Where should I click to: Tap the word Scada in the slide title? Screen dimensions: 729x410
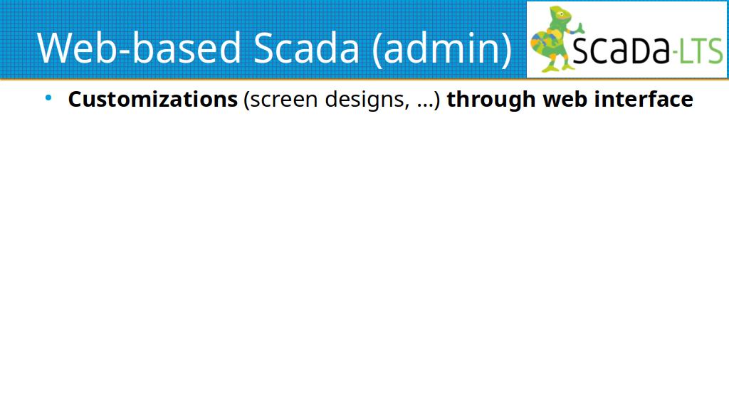click(306, 48)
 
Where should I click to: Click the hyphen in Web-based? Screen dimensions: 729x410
click(125, 51)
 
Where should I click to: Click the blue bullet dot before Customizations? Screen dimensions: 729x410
click(48, 98)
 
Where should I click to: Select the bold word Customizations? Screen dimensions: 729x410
click(153, 99)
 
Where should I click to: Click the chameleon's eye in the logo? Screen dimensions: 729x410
click(562, 14)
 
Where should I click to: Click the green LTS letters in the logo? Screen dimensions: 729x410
click(701, 51)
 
